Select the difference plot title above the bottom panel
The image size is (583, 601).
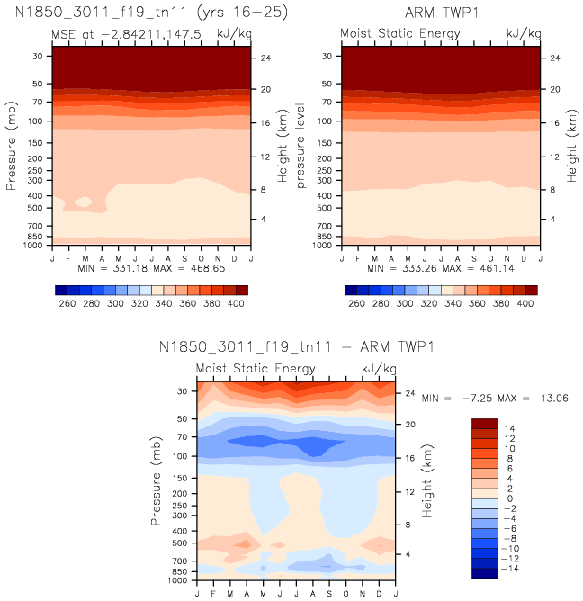tap(296, 347)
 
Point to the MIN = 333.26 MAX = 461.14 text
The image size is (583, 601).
tap(442, 268)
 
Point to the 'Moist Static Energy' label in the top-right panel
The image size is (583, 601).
tap(400, 33)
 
